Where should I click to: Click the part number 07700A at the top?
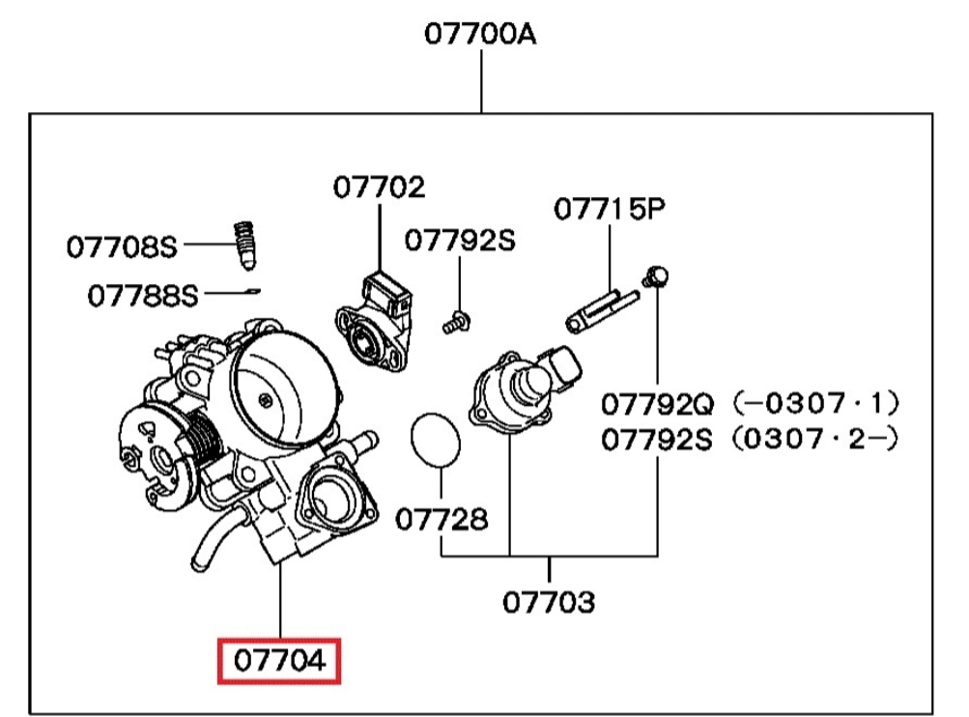[480, 36]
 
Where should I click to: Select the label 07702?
[379, 186]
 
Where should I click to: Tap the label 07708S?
[122, 247]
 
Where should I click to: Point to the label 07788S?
[142, 295]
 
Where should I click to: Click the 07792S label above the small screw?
[460, 241]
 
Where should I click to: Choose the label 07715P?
[610, 209]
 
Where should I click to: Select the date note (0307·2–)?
[814, 440]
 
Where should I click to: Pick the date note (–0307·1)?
[814, 402]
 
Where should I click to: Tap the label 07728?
[442, 519]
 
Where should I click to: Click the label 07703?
[548, 603]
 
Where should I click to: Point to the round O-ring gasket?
[436, 440]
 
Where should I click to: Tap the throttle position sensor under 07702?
[372, 322]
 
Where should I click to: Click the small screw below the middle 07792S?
[456, 323]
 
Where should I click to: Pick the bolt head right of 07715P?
[657, 276]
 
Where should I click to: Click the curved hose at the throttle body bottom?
[214, 536]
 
